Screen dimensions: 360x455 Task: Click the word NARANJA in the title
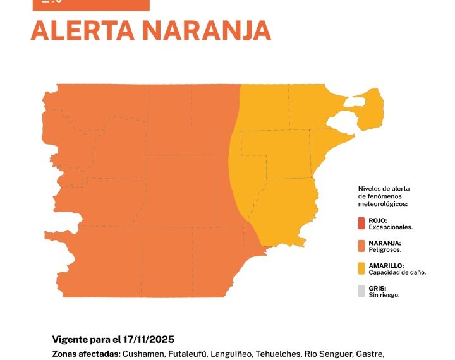pyautogui.click(x=208, y=30)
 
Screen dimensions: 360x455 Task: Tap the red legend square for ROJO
pyautogui.click(x=361, y=223)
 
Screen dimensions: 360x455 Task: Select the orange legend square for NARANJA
pyautogui.click(x=361, y=246)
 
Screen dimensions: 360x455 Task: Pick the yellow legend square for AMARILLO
pyautogui.click(x=361, y=268)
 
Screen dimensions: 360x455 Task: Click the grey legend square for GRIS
pyautogui.click(x=361, y=291)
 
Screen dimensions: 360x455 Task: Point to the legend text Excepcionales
pyautogui.click(x=391, y=227)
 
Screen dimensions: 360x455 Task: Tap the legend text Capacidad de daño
pyautogui.click(x=397, y=272)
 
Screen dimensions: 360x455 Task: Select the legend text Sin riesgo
pyautogui.click(x=384, y=295)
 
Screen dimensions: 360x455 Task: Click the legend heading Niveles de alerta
pyautogui.click(x=384, y=189)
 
